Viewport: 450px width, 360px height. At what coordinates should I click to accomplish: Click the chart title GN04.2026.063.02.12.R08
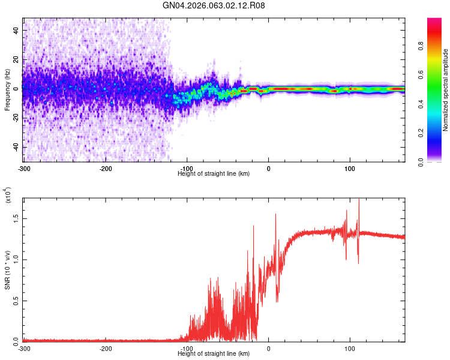pyautogui.click(x=214, y=6)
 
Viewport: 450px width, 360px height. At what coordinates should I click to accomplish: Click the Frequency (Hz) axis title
pyautogui.click(x=7, y=89)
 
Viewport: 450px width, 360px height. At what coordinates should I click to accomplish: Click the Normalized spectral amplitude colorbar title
pyautogui.click(x=446, y=90)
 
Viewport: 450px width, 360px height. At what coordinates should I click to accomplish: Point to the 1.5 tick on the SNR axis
pyautogui.click(x=16, y=219)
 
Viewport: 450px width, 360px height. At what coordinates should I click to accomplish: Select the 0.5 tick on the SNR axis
pyautogui.click(x=16, y=301)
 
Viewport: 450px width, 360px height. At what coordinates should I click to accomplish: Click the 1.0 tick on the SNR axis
pyautogui.click(x=16, y=260)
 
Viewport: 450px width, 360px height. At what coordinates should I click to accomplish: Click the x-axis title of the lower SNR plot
pyautogui.click(x=214, y=353)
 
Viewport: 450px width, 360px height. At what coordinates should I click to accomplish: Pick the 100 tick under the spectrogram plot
pyautogui.click(x=350, y=168)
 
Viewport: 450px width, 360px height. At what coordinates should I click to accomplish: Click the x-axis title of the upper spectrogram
pyautogui.click(x=214, y=173)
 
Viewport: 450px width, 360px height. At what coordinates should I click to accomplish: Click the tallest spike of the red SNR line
pyautogui.click(x=359, y=200)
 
